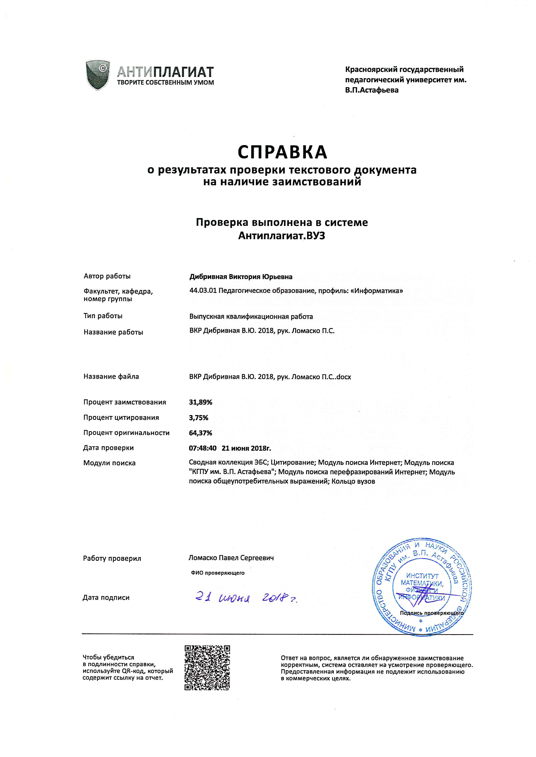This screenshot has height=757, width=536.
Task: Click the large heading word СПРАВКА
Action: click(282, 152)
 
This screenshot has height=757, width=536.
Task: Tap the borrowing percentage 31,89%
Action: click(200, 402)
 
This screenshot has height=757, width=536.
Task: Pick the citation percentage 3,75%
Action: click(198, 417)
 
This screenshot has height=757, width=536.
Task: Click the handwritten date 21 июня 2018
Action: click(246, 597)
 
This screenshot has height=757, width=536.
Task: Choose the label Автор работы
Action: click(107, 276)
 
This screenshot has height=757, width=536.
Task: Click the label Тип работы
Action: click(103, 316)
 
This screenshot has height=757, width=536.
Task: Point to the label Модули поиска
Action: click(109, 463)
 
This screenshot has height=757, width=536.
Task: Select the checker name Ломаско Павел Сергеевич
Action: click(231, 558)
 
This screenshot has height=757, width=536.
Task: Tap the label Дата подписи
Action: click(106, 597)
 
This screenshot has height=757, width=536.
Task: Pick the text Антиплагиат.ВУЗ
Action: click(282, 236)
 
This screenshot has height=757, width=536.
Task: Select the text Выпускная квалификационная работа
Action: click(251, 316)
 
